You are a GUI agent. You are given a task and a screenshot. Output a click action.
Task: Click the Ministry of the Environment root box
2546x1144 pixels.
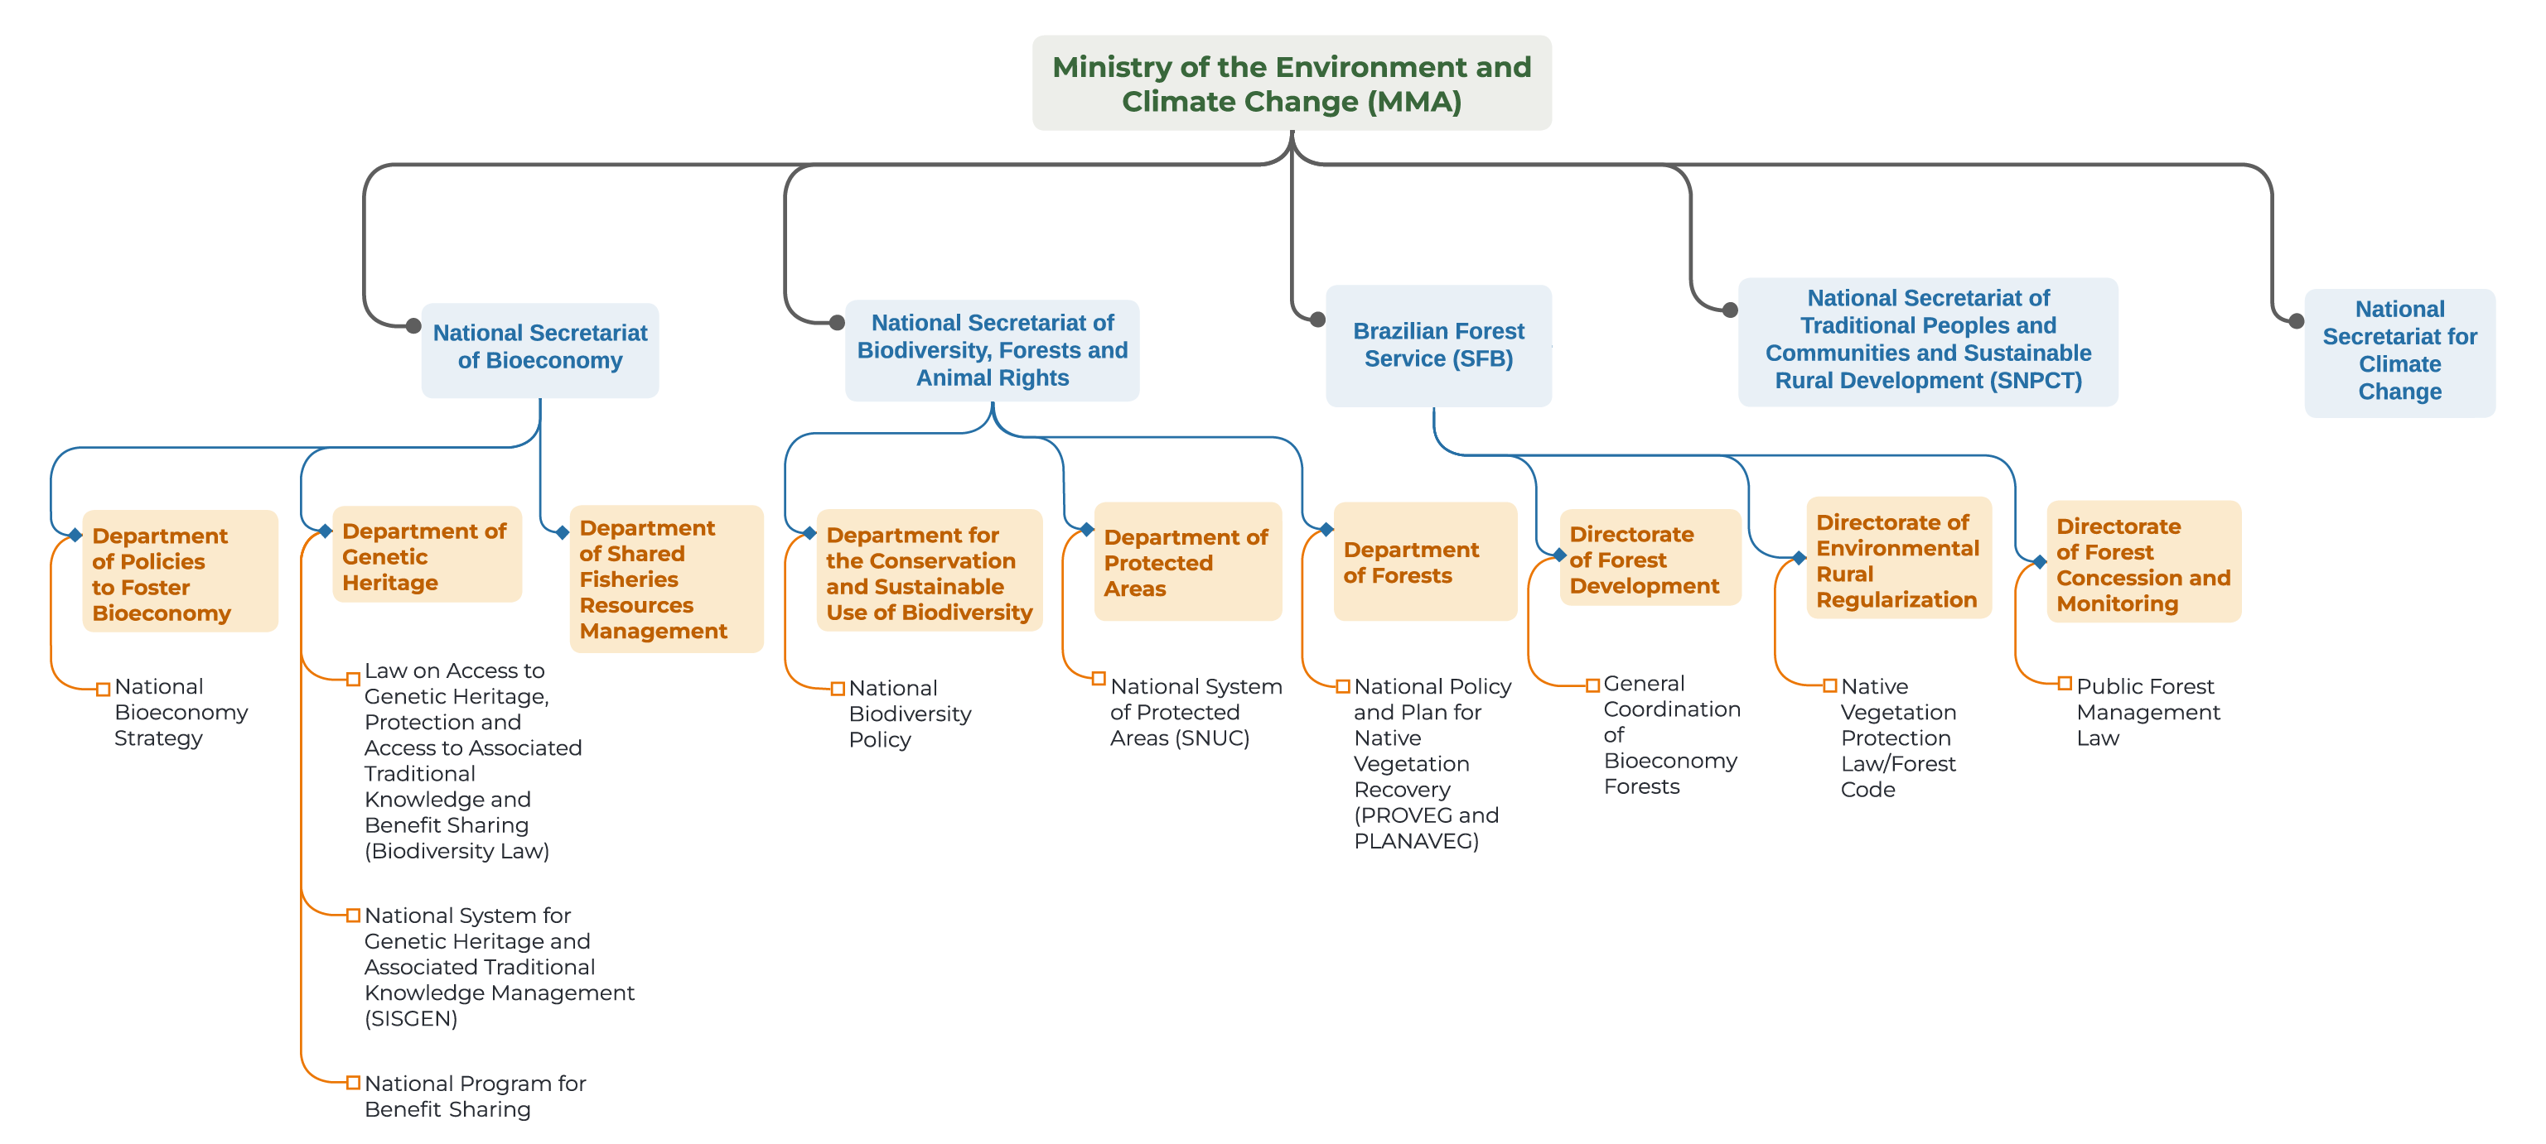pyautogui.click(x=1291, y=83)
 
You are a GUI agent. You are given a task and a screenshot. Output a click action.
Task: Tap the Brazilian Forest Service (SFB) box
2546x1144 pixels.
pyautogui.click(x=1438, y=346)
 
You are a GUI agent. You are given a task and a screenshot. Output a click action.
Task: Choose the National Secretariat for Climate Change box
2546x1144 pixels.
pyautogui.click(x=2399, y=352)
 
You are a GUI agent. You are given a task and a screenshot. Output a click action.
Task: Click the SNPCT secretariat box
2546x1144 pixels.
pyautogui.click(x=1927, y=341)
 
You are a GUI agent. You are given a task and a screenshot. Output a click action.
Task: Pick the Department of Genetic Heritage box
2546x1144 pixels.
pyautogui.click(x=427, y=555)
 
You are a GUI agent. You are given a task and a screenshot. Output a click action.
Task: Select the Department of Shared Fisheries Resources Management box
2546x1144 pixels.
pyautogui.click(x=666, y=579)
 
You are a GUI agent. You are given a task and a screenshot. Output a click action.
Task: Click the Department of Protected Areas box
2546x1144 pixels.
pyautogui.click(x=1187, y=561)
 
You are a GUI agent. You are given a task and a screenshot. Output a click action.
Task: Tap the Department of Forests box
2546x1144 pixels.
pyautogui.click(x=1424, y=561)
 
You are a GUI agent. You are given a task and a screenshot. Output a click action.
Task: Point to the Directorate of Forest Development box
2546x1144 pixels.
pyautogui.click(x=1649, y=558)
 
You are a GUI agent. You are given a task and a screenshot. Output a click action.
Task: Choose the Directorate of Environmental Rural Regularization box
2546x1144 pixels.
pyautogui.click(x=1897, y=559)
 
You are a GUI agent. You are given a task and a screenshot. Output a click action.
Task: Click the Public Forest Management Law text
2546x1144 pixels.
pyautogui.click(x=2147, y=712)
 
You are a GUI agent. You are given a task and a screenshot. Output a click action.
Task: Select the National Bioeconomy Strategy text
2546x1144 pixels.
pyautogui.click(x=181, y=712)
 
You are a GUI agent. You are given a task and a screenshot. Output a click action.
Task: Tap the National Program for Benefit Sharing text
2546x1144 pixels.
pyautogui.click(x=475, y=1096)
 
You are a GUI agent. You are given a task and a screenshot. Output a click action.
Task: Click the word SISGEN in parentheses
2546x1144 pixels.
pyautogui.click(x=410, y=1018)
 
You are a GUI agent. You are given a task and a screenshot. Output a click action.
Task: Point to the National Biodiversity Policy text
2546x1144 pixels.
pyautogui.click(x=910, y=714)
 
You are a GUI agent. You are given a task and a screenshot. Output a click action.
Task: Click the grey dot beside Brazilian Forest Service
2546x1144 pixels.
pyautogui.click(x=1317, y=319)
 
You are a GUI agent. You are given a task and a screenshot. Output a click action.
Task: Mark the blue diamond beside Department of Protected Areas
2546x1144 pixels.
pyautogui.click(x=1086, y=530)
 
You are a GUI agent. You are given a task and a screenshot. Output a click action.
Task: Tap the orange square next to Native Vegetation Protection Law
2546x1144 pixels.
pyautogui.click(x=1829, y=685)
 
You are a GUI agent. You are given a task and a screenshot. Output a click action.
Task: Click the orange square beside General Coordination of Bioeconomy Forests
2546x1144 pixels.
pyautogui.click(x=1592, y=685)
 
